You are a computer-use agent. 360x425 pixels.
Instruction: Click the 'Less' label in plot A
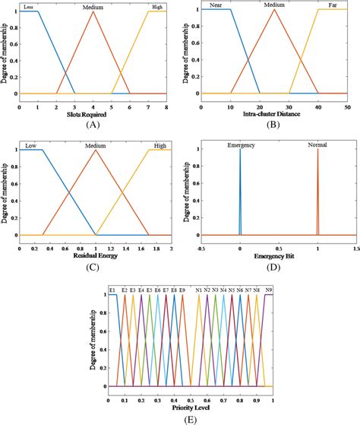click(29, 6)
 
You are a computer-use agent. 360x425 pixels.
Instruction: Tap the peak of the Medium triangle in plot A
click(93, 11)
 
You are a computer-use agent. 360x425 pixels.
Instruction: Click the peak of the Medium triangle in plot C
click(96, 150)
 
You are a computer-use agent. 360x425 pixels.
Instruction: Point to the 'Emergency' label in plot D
click(240, 144)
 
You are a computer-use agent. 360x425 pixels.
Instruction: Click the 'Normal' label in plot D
click(317, 144)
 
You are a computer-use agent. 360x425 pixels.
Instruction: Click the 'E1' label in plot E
click(112, 290)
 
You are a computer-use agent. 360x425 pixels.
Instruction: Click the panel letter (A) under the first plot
click(93, 126)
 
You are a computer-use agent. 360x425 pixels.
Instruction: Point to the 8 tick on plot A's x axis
click(166, 108)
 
